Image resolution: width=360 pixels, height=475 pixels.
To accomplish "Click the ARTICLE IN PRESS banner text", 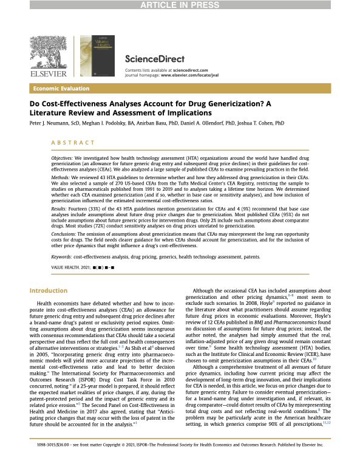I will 180,5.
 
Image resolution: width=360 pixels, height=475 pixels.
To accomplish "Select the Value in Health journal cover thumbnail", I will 98,55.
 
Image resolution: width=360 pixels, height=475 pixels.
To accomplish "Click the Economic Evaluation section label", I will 61,89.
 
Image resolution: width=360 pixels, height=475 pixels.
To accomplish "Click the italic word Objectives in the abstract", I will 70,157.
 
